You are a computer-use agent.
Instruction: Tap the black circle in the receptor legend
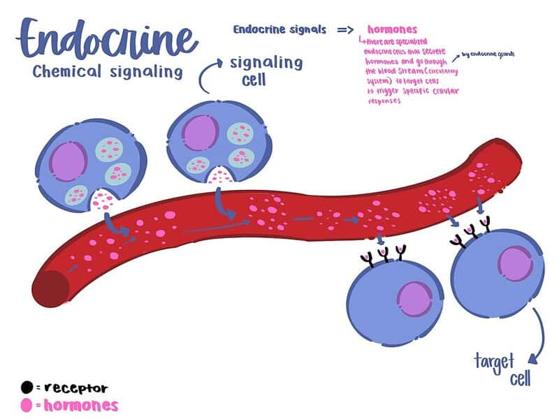coord(27,387)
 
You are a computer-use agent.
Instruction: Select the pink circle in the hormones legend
coord(27,405)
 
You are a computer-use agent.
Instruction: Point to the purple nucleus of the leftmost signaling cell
coord(67,159)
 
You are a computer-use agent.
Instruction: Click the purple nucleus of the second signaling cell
coord(201,131)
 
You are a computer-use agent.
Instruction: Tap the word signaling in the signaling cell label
coord(266,63)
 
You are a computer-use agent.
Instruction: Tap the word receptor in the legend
coord(75,388)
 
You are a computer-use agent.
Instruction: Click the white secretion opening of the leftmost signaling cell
coord(104,200)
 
